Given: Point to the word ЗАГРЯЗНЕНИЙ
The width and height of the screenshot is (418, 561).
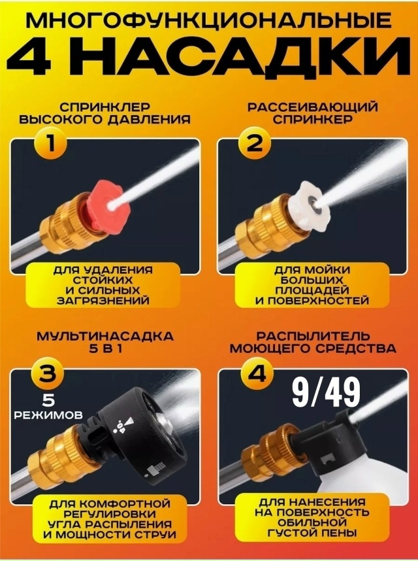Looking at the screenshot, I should (x=104, y=300).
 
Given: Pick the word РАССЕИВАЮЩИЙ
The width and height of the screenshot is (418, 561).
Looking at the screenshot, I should (x=313, y=107).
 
